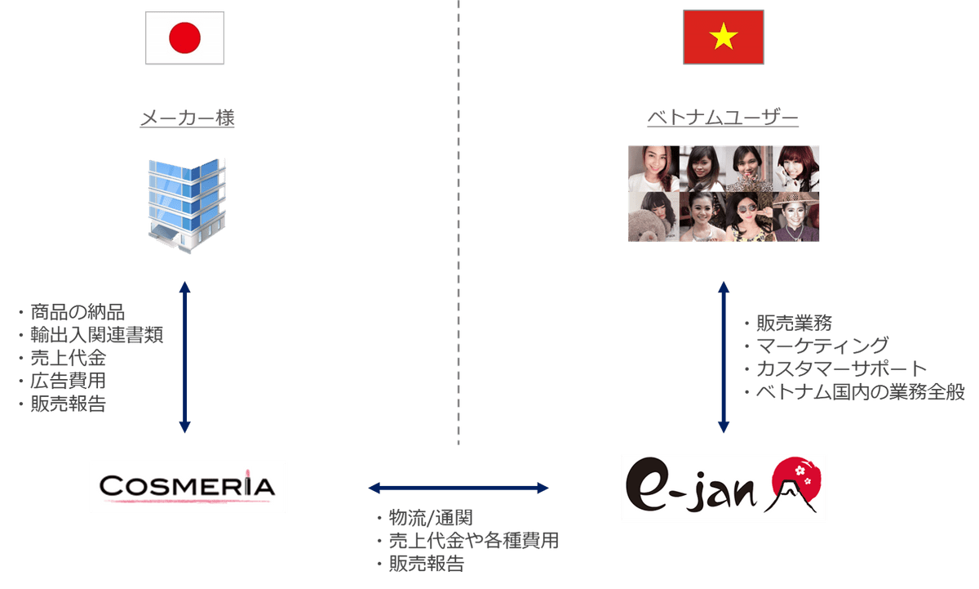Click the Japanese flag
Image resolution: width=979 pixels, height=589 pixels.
tap(184, 38)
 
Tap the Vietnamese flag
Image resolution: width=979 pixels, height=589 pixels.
tap(723, 37)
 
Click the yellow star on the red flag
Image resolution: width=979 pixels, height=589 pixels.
tap(723, 36)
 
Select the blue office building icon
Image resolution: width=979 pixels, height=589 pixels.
tap(187, 204)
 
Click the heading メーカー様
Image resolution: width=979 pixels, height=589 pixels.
tap(188, 119)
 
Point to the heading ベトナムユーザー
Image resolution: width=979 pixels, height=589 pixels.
tap(723, 119)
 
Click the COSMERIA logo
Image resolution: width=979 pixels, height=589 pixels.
tap(188, 487)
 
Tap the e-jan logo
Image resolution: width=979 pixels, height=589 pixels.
tap(723, 487)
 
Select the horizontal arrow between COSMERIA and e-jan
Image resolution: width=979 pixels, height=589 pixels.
tap(458, 489)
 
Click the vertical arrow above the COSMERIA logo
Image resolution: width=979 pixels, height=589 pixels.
tap(184, 356)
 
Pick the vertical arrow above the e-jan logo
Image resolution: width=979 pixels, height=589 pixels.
tap(723, 356)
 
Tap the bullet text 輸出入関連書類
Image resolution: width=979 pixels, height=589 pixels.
tap(96, 335)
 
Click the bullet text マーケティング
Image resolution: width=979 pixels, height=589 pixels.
tap(822, 346)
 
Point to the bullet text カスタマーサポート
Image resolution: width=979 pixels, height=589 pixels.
tap(841, 368)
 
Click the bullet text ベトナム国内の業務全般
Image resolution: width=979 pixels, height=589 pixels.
tap(860, 392)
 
